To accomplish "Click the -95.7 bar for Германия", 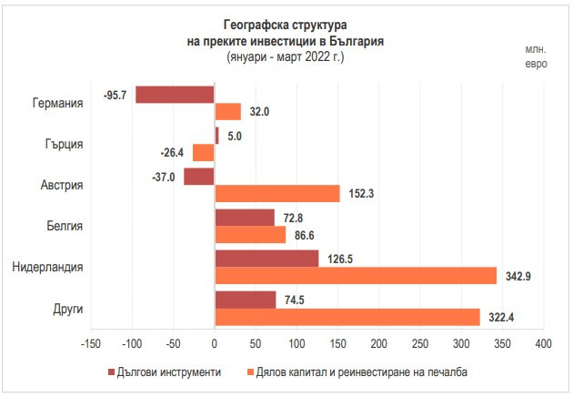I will point(175,95).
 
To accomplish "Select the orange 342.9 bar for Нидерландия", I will point(356,275).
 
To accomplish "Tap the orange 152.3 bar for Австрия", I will point(277,194).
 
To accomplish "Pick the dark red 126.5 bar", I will point(266,259).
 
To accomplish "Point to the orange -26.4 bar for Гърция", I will point(204,152).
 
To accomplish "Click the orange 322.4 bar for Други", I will point(347,316).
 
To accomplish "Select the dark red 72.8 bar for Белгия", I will point(245,218).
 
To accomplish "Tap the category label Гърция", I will point(65,144).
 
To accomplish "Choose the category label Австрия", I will point(62,185).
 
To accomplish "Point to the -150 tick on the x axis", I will point(90,344).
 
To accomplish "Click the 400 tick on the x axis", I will point(543,344).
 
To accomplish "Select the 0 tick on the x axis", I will point(215,344).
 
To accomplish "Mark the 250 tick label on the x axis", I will point(420,344).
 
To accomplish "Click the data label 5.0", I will point(234,136).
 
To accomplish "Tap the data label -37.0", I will point(165,178).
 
